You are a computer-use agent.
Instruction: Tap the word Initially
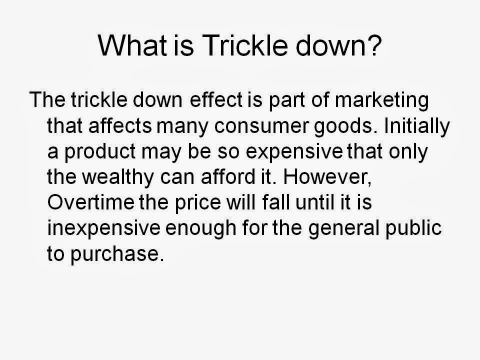(x=418, y=126)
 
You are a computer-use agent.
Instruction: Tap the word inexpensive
(x=102, y=229)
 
